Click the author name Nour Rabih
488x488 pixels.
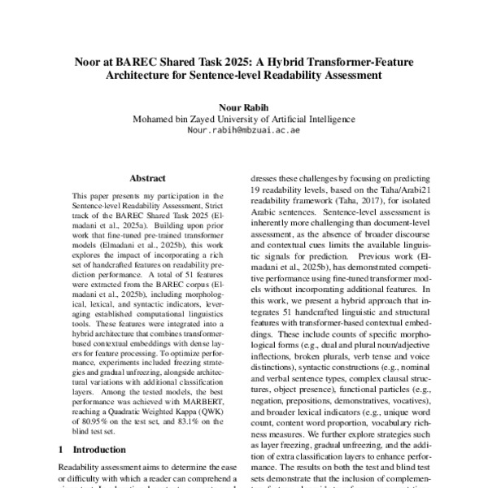[x=243, y=106]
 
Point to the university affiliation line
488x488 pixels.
[x=243, y=118]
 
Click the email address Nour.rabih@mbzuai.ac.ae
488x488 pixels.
[x=243, y=129]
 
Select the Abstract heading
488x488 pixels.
[x=147, y=177]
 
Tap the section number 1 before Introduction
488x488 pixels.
[x=62, y=448]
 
